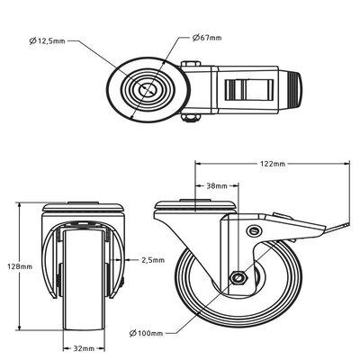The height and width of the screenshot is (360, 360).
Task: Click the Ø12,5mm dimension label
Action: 47,40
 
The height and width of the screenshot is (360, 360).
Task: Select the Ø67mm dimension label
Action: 207,38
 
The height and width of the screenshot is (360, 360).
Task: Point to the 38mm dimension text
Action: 217,185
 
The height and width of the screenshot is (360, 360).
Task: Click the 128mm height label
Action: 20,266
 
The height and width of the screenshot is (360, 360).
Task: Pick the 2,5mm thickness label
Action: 153,260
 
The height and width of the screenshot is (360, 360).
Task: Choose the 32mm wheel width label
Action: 84,348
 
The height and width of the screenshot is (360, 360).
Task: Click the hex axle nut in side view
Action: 238,278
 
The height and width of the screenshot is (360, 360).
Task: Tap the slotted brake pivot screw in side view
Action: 255,230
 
